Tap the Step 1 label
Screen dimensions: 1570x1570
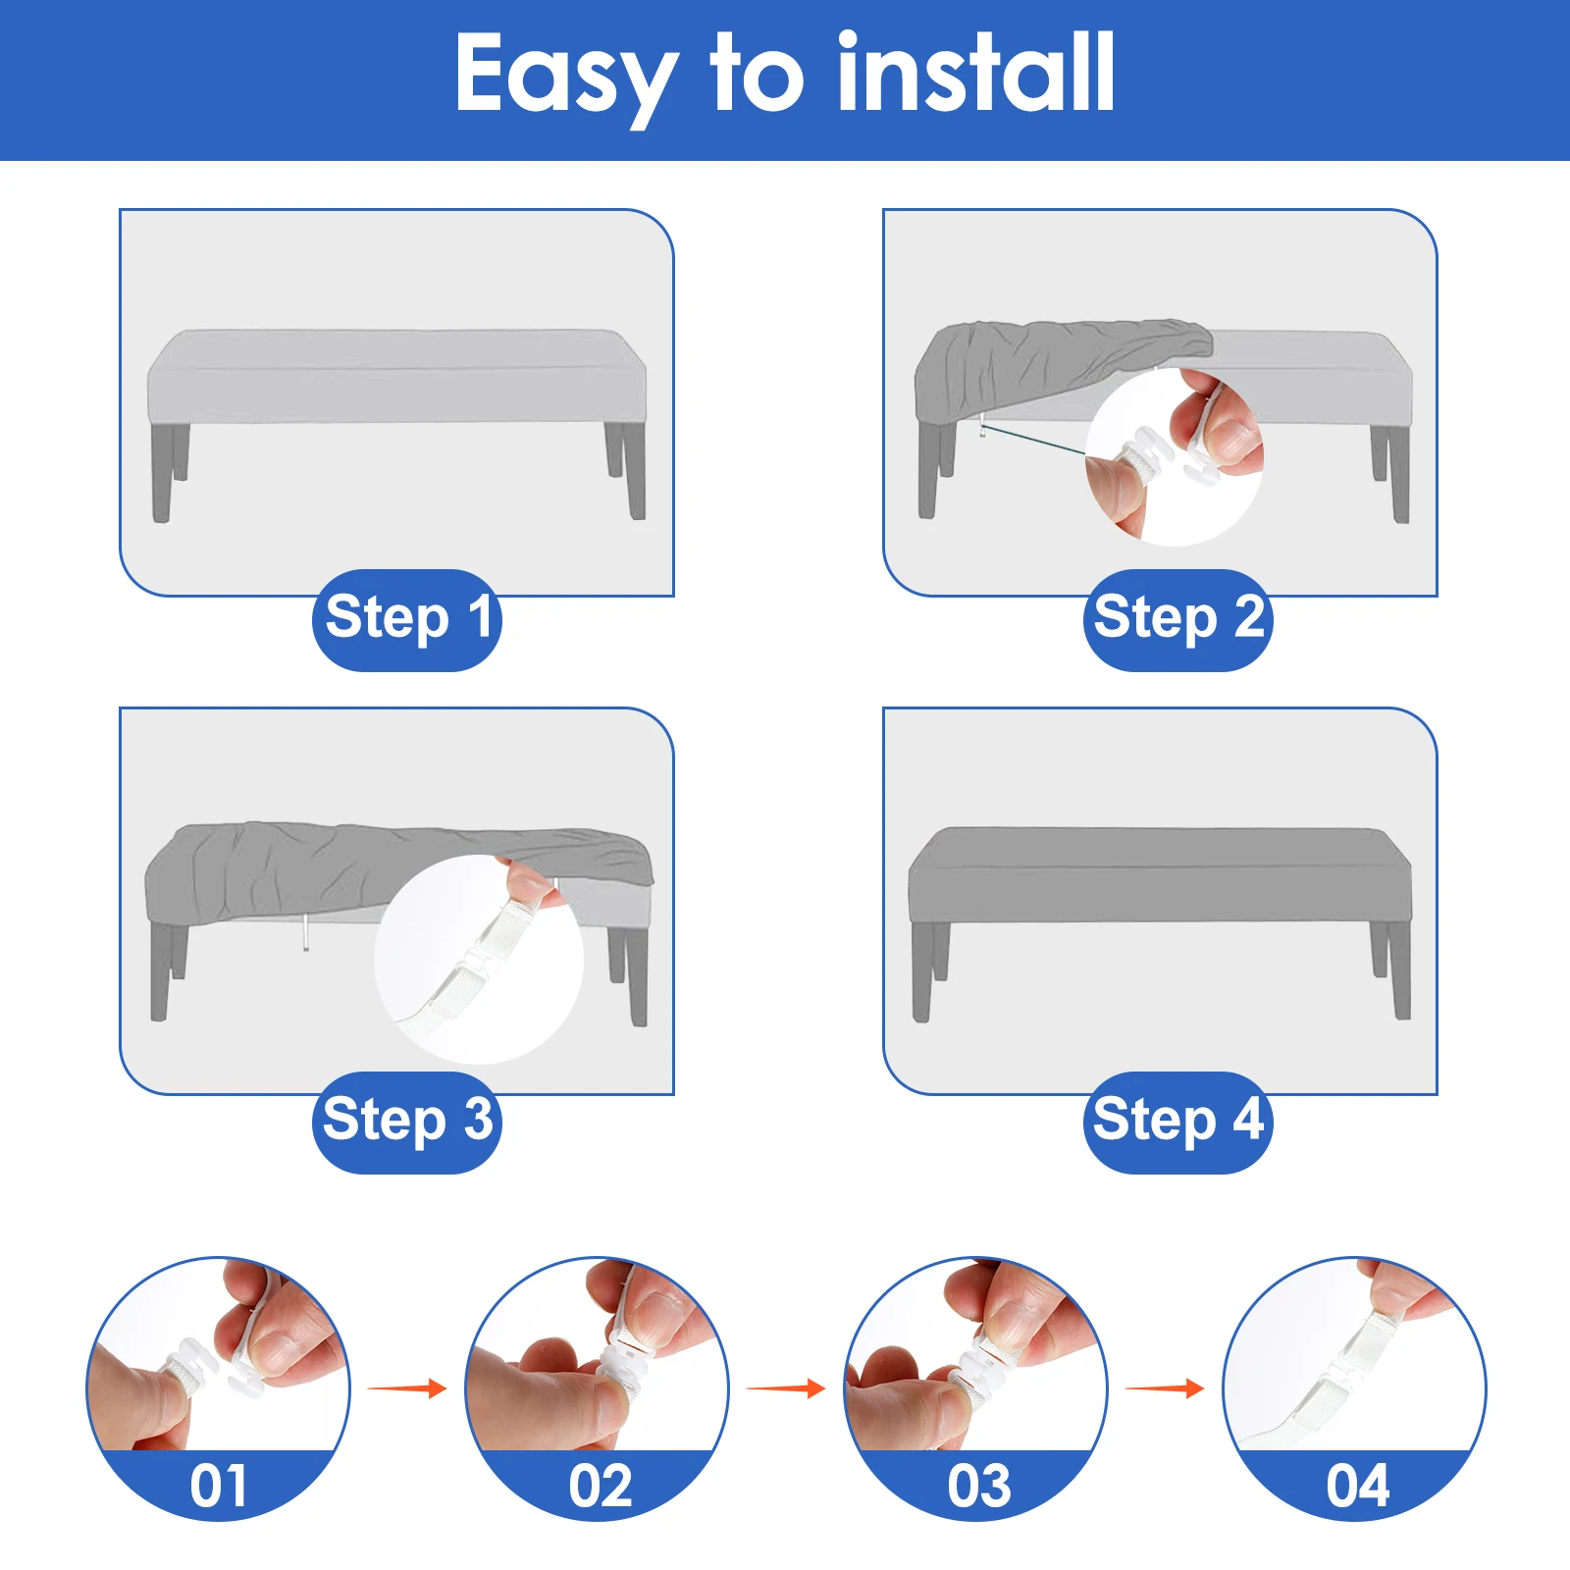(x=407, y=619)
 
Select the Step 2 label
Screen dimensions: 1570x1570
(x=1177, y=619)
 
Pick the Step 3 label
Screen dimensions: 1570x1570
(x=407, y=1121)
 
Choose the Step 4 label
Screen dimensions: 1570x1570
(x=1177, y=1121)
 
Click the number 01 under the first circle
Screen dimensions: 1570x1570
(x=218, y=1486)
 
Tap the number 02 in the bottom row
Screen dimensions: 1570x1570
(x=600, y=1486)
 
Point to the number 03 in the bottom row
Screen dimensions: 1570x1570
(x=978, y=1486)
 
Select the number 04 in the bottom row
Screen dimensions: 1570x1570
(x=1357, y=1486)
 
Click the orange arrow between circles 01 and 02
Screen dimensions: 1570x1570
(x=407, y=1387)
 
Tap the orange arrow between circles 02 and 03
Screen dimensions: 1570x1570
(x=786, y=1387)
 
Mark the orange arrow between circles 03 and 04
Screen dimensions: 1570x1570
(x=1165, y=1387)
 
